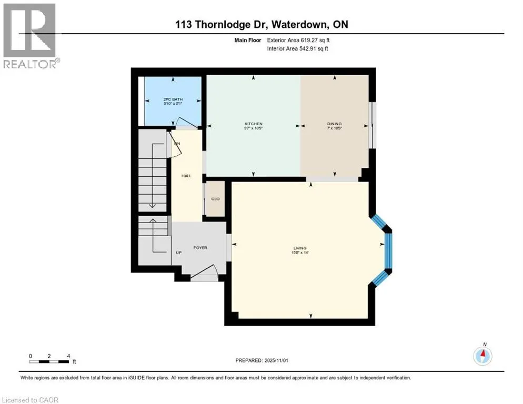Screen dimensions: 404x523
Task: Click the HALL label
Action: [x=186, y=176]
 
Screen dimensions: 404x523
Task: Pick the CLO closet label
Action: [x=215, y=199]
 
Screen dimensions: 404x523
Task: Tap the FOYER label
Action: [x=200, y=247]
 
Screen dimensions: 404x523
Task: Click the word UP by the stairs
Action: [x=179, y=252]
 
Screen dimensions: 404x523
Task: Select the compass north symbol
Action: [x=482, y=356]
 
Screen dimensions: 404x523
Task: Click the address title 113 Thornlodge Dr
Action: [x=261, y=25]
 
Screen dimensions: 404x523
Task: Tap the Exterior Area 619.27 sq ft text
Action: [x=299, y=40]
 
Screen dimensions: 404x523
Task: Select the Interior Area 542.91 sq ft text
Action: [x=299, y=49]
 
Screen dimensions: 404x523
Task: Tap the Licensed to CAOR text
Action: [x=31, y=400]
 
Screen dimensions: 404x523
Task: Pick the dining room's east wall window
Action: [x=373, y=126]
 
